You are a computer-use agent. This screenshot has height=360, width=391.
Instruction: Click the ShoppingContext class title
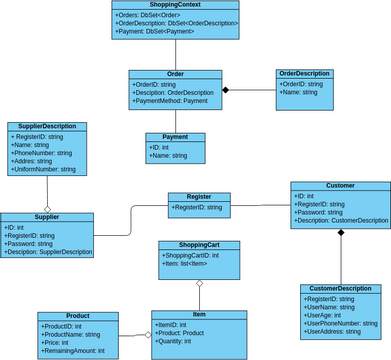175,6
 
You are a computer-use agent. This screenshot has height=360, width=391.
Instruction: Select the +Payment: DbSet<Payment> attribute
158,31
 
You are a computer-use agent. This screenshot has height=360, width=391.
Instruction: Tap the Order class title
174,74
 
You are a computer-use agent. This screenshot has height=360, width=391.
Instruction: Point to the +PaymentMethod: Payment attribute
170,101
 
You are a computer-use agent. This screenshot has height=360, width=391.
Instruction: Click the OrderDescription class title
304,74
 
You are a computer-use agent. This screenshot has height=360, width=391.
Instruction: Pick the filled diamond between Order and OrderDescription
227,91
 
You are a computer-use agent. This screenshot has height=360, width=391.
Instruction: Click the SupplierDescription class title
48,126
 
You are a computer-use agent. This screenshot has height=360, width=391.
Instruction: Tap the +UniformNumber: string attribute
46,170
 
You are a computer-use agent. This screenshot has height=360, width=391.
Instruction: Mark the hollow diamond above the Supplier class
47,208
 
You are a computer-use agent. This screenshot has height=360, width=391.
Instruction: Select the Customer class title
340,185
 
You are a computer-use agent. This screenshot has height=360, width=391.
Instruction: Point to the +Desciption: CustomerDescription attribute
341,221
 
